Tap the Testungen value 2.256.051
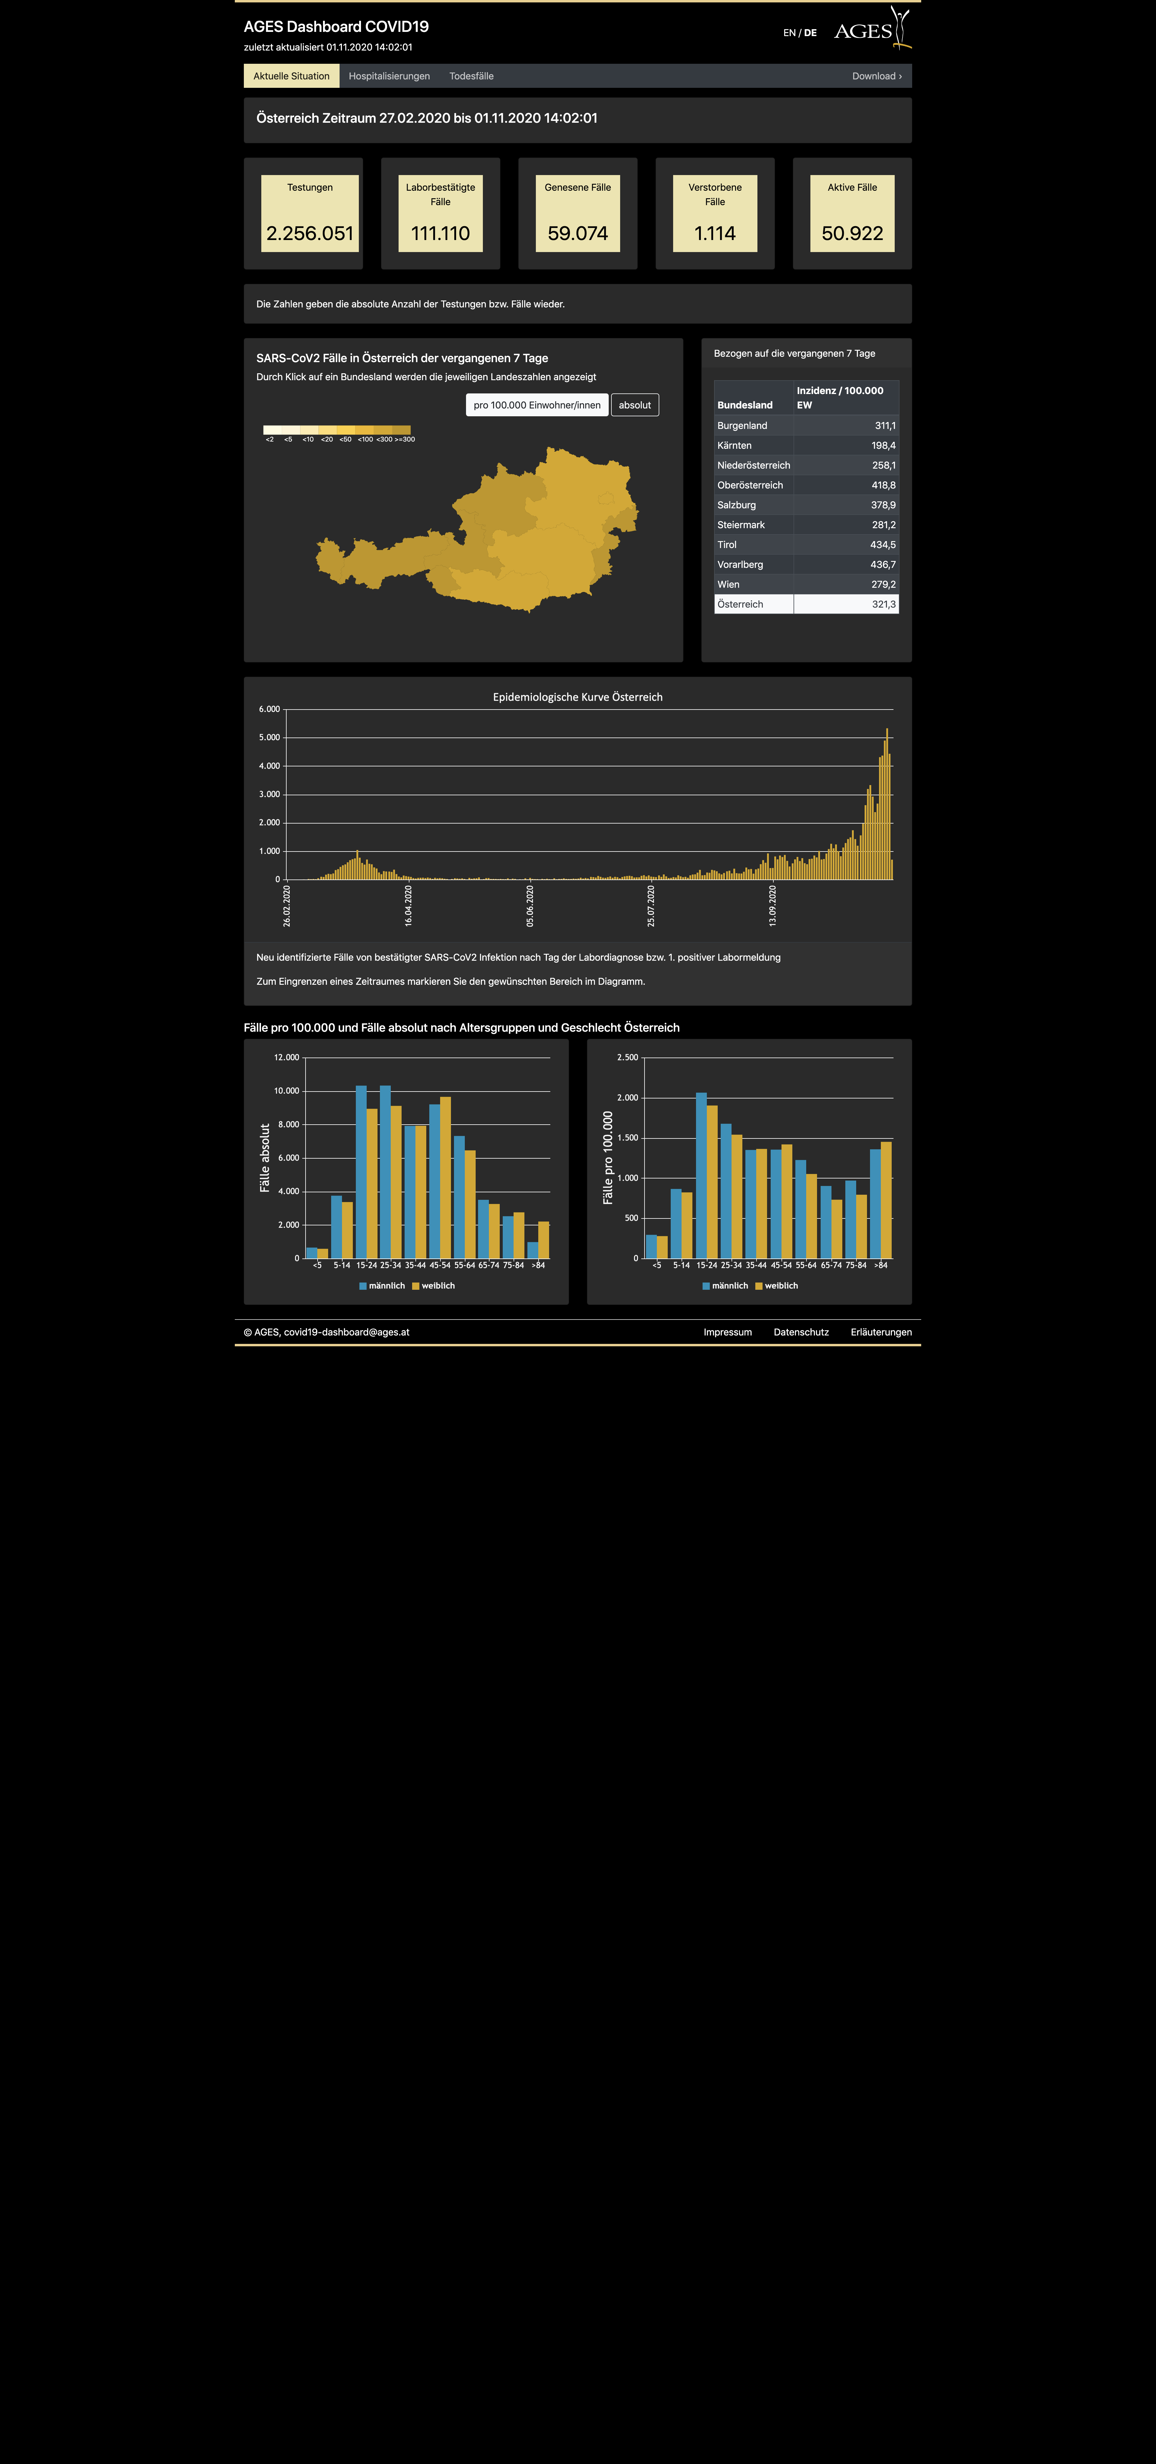click(310, 233)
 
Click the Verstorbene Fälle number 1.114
click(715, 233)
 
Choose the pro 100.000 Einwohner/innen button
click(537, 405)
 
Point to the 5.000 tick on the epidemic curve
click(269, 738)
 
